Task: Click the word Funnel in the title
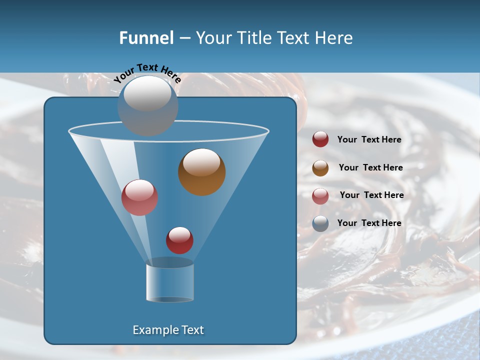click(146, 38)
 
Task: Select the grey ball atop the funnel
click(148, 105)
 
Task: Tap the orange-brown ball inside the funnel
click(201, 171)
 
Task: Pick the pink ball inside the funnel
click(139, 197)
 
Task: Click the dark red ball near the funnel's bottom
click(179, 240)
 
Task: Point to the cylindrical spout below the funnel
click(170, 281)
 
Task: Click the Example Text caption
click(168, 330)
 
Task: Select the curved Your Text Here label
click(147, 73)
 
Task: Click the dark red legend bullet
click(320, 139)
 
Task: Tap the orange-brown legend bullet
click(320, 168)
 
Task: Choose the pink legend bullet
click(320, 195)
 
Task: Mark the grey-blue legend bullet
click(320, 223)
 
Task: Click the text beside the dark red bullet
click(369, 140)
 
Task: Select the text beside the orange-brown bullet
click(370, 168)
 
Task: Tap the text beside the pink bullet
click(371, 195)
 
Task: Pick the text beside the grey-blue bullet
click(369, 223)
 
